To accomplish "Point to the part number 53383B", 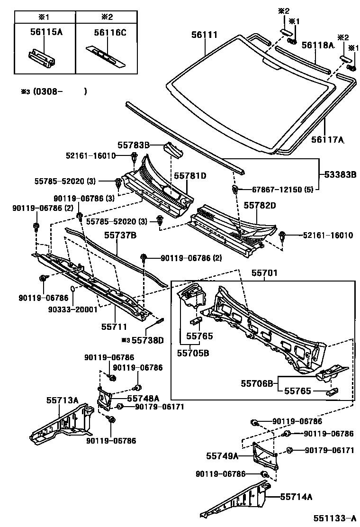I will click(x=340, y=174).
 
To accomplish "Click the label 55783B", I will click(x=134, y=145).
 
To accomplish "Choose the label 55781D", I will click(x=190, y=176).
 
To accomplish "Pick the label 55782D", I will click(x=260, y=205).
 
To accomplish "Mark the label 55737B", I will click(x=120, y=235).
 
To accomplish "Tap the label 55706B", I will click(x=257, y=383).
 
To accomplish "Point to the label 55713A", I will click(x=62, y=400).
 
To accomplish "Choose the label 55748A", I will click(x=143, y=398).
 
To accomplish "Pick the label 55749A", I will click(x=222, y=455).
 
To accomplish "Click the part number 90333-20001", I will click(x=72, y=309).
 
